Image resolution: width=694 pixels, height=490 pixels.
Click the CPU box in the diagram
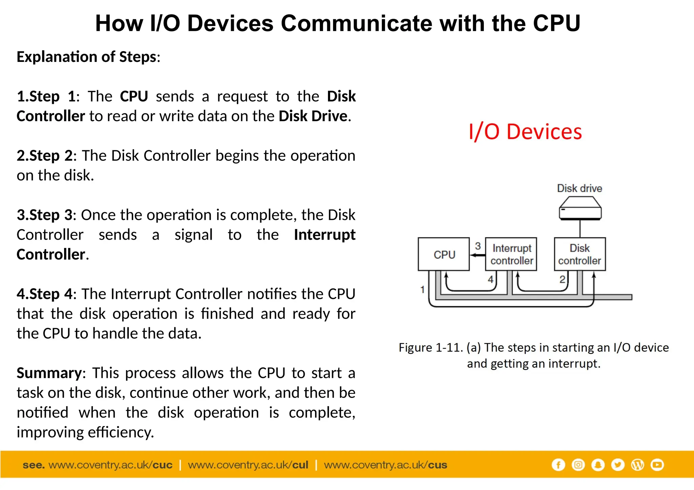click(x=444, y=254)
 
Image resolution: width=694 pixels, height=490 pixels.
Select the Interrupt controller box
click(x=511, y=254)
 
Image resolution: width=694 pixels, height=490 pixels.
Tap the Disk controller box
click(x=579, y=254)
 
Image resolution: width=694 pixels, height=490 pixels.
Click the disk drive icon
click(x=580, y=209)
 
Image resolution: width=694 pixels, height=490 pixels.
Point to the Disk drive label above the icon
click(x=579, y=188)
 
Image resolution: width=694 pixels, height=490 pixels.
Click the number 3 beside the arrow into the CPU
click(x=478, y=246)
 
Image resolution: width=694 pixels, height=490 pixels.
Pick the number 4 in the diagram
click(x=490, y=280)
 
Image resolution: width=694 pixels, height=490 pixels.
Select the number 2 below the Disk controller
click(x=562, y=280)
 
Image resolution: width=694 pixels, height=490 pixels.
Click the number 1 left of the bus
click(x=422, y=290)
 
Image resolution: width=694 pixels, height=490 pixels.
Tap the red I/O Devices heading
click(x=525, y=132)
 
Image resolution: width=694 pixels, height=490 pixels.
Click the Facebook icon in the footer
click(x=558, y=465)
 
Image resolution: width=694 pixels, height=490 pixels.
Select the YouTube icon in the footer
click(x=657, y=465)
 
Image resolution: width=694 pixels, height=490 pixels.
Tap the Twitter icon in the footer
click(x=618, y=465)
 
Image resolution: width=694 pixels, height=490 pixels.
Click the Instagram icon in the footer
click(x=578, y=465)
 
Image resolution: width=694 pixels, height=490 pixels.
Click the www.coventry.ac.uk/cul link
click(x=248, y=465)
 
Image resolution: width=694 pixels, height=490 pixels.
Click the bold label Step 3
click(x=51, y=215)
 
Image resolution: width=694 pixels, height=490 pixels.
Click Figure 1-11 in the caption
click(x=430, y=348)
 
